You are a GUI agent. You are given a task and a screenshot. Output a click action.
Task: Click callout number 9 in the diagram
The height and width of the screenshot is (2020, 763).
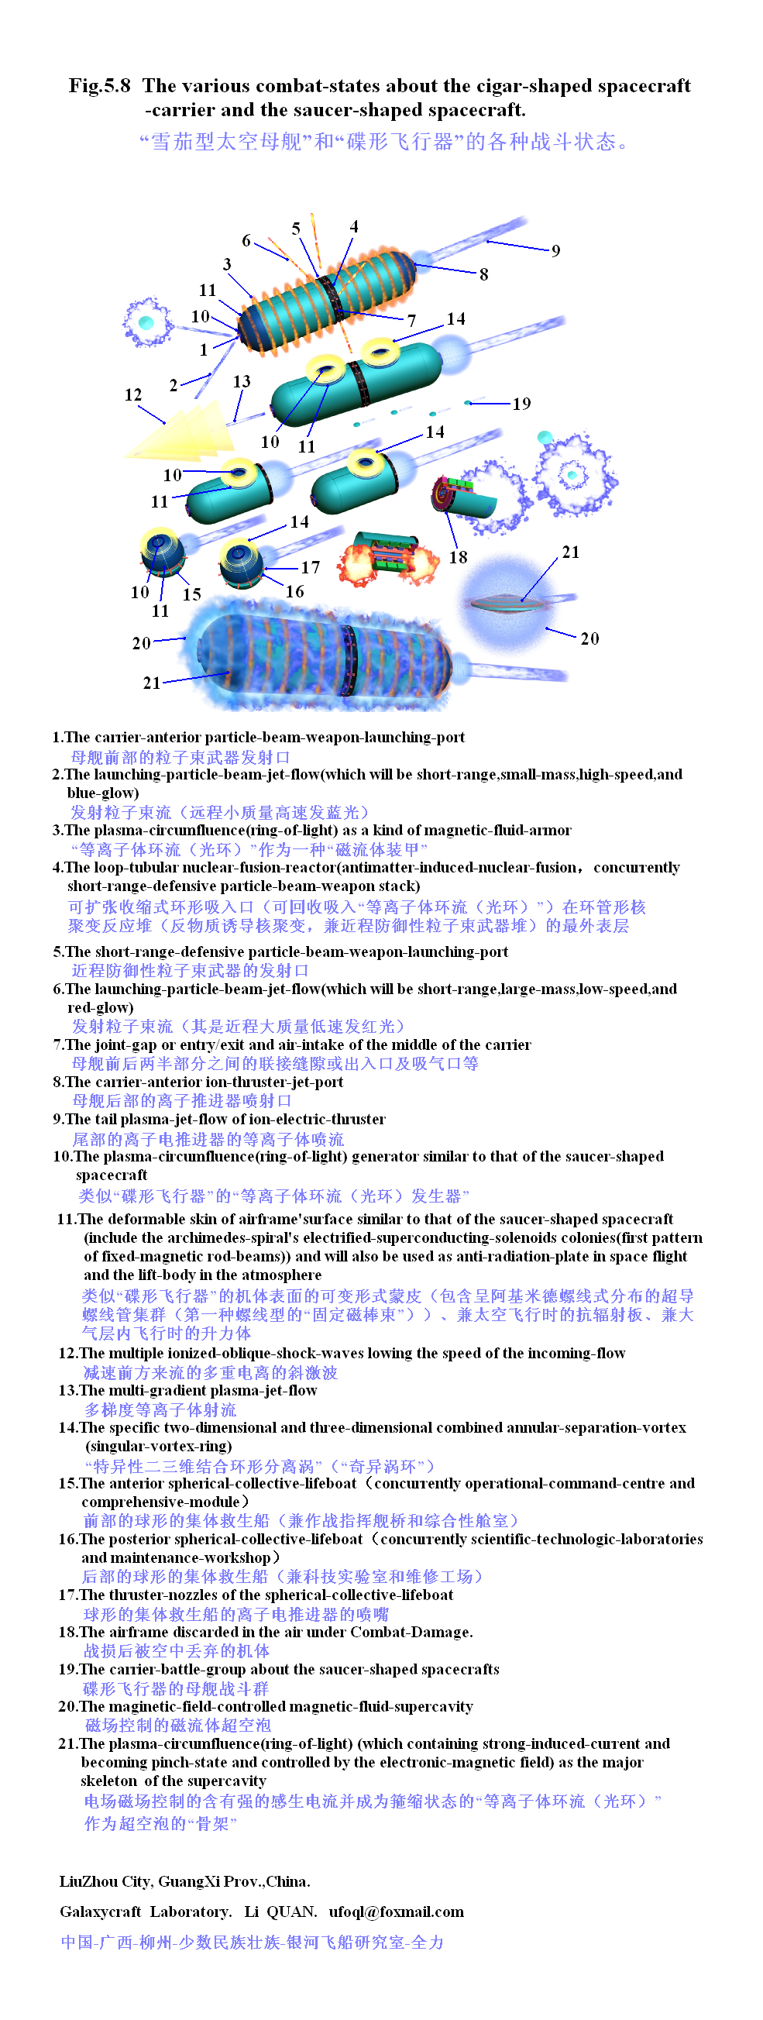(x=555, y=251)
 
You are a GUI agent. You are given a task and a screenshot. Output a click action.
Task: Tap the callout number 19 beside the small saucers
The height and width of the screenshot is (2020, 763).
(x=521, y=404)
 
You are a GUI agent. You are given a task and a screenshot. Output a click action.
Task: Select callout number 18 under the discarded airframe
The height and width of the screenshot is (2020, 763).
(x=458, y=557)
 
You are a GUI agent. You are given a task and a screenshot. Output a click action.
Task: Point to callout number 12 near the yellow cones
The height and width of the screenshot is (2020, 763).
(x=133, y=395)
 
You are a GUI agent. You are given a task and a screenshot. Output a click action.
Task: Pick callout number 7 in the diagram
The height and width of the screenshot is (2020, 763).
(x=411, y=320)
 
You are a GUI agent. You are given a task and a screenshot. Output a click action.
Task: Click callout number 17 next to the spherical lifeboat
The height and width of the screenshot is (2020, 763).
(x=311, y=567)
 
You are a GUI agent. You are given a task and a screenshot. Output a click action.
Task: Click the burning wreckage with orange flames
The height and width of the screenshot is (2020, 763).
(x=387, y=559)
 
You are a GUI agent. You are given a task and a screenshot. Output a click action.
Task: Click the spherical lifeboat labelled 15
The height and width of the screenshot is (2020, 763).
(x=163, y=553)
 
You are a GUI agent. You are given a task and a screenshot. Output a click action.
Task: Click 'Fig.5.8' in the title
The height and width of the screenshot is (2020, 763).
(x=100, y=85)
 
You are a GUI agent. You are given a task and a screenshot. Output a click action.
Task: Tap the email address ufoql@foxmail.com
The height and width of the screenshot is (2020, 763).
(x=396, y=1911)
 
